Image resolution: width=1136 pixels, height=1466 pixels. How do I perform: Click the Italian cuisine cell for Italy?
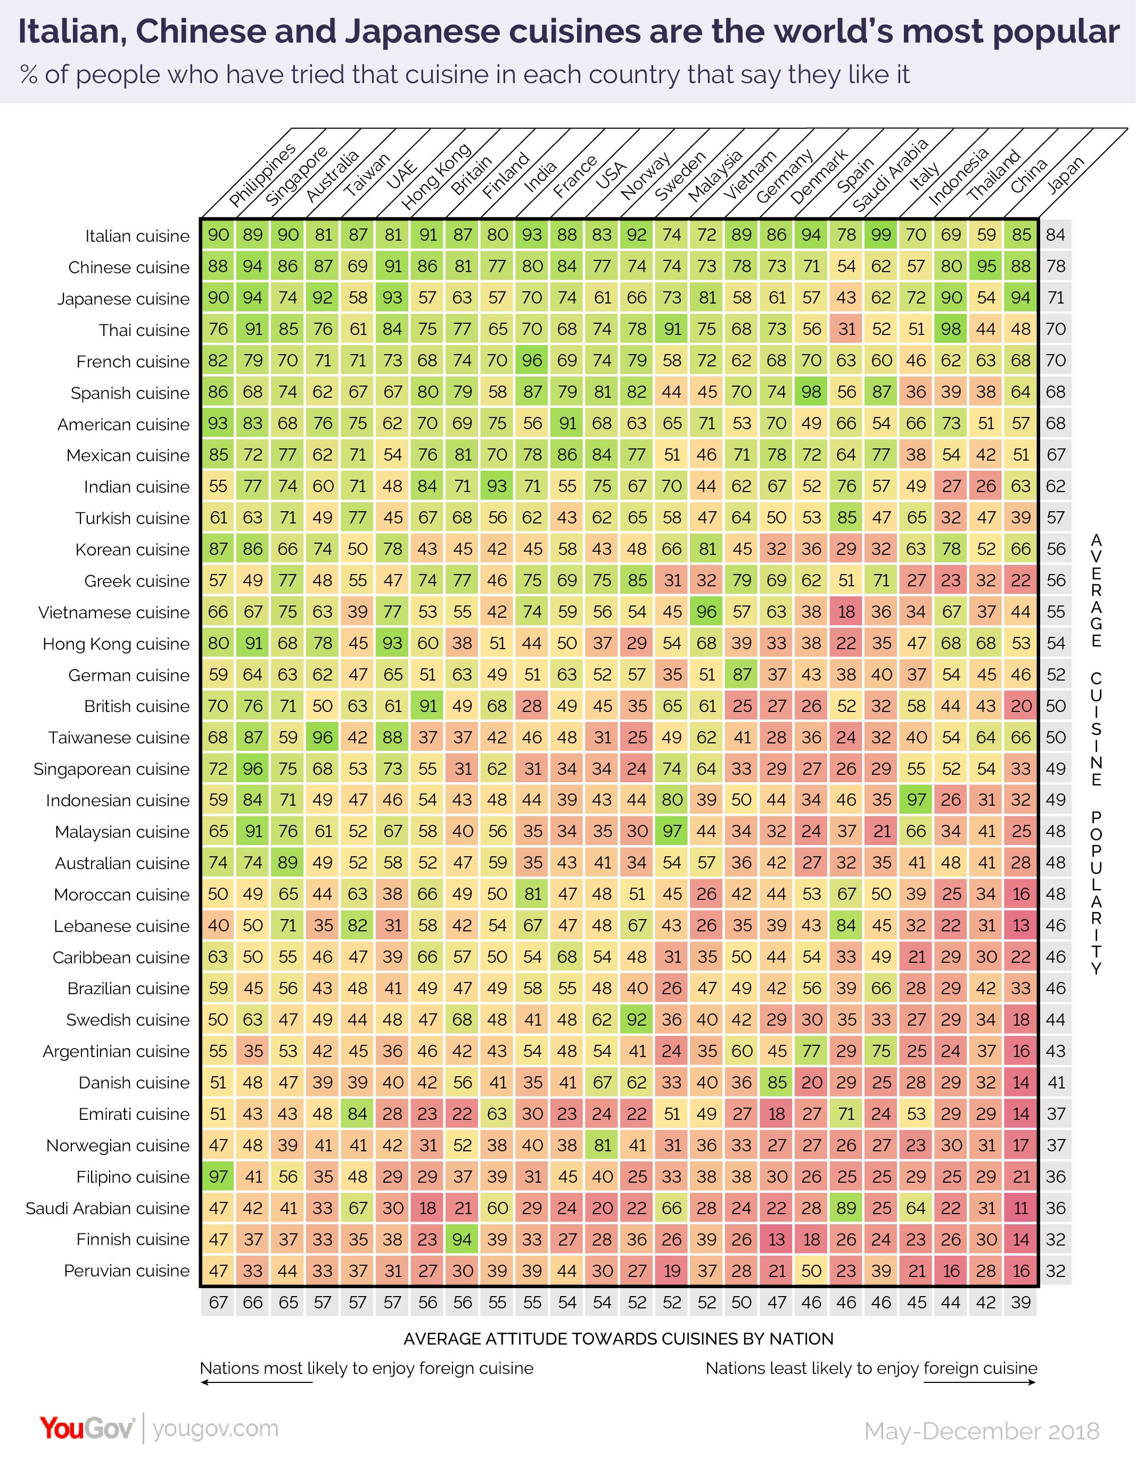coord(880,235)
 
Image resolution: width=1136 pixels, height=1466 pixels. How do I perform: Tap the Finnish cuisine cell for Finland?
coord(462,1239)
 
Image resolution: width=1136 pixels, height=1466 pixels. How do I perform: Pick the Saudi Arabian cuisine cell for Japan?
coord(1020,1208)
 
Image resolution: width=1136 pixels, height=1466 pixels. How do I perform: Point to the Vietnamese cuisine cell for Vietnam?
coord(706,611)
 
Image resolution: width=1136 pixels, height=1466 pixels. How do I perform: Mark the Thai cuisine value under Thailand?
coord(951,330)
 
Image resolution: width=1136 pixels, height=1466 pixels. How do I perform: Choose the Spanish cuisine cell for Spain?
coord(811,392)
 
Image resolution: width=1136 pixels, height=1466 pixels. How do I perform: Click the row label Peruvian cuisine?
coord(127,1271)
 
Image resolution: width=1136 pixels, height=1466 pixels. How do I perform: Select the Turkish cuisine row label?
coord(132,518)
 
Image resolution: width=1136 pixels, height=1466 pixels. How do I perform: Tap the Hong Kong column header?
coord(435,177)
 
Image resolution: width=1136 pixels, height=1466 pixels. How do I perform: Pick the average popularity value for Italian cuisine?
coord(1056,235)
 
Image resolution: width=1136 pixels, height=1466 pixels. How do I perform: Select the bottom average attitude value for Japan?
coord(1020,1302)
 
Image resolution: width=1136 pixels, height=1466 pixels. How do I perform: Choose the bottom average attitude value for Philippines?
coord(218,1302)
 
